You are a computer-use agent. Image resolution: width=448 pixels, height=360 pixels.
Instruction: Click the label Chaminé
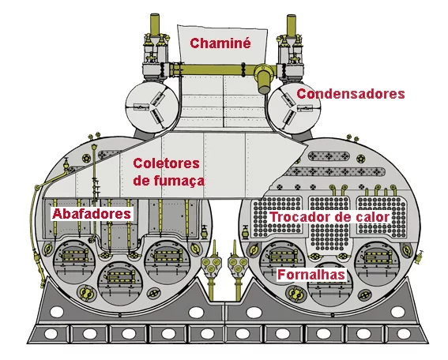(220, 43)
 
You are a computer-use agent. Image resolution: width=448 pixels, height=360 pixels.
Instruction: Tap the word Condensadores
(351, 94)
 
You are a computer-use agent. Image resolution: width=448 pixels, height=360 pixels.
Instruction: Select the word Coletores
(166, 163)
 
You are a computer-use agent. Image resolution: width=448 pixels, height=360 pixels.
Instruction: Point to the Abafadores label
(92, 213)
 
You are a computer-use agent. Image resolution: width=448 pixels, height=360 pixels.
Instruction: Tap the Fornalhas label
(311, 275)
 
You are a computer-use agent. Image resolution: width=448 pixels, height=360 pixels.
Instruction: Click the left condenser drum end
(152, 107)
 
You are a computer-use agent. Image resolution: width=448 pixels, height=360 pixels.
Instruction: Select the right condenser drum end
(294, 107)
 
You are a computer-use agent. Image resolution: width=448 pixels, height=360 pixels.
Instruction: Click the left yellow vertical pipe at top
(155, 25)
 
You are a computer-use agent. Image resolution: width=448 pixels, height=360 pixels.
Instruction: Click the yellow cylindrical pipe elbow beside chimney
(264, 78)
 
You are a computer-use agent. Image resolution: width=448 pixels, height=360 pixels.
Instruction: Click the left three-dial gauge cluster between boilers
(211, 264)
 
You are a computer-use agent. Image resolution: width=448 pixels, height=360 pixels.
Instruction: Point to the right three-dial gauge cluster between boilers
(238, 264)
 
